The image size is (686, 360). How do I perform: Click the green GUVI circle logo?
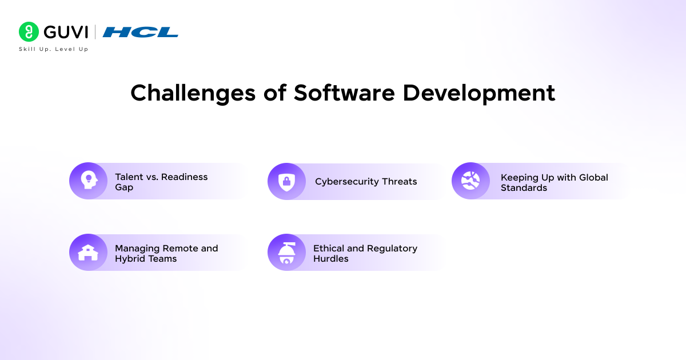coord(29,31)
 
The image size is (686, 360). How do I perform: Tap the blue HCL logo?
coord(140,32)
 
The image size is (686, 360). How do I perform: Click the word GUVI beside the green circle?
coord(66,32)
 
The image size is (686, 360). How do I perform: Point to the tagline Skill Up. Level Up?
coord(54,49)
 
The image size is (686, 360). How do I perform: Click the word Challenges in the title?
coord(193,93)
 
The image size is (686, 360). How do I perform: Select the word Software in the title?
coord(344,93)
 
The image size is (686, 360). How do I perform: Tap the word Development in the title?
coord(478,93)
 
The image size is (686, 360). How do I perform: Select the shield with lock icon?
coord(286,182)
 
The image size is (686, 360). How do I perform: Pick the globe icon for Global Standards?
coord(470,181)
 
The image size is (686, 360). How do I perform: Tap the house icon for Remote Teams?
coord(88,253)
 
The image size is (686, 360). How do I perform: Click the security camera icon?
coord(286,253)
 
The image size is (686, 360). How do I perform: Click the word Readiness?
coord(184,177)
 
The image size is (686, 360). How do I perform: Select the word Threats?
coord(400,182)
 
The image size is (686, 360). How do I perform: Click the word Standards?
coord(524,187)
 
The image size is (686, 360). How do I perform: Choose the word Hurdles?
coord(331,259)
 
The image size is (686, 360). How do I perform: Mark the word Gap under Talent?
coord(124,187)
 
